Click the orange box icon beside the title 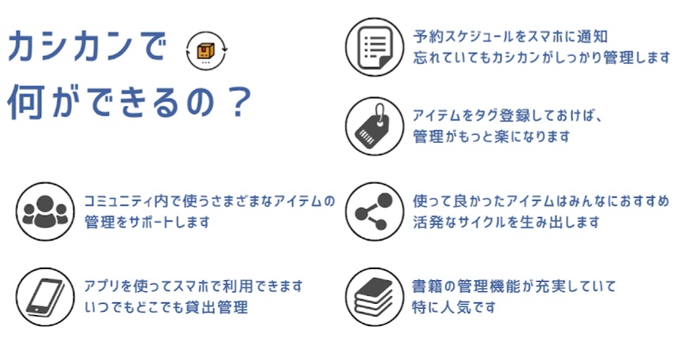206,51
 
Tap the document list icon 374,47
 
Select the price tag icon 374,126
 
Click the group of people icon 45,212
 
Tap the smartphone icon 45,297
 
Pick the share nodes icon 374,212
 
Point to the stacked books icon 374,297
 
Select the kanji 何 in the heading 25,103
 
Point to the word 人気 453,307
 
